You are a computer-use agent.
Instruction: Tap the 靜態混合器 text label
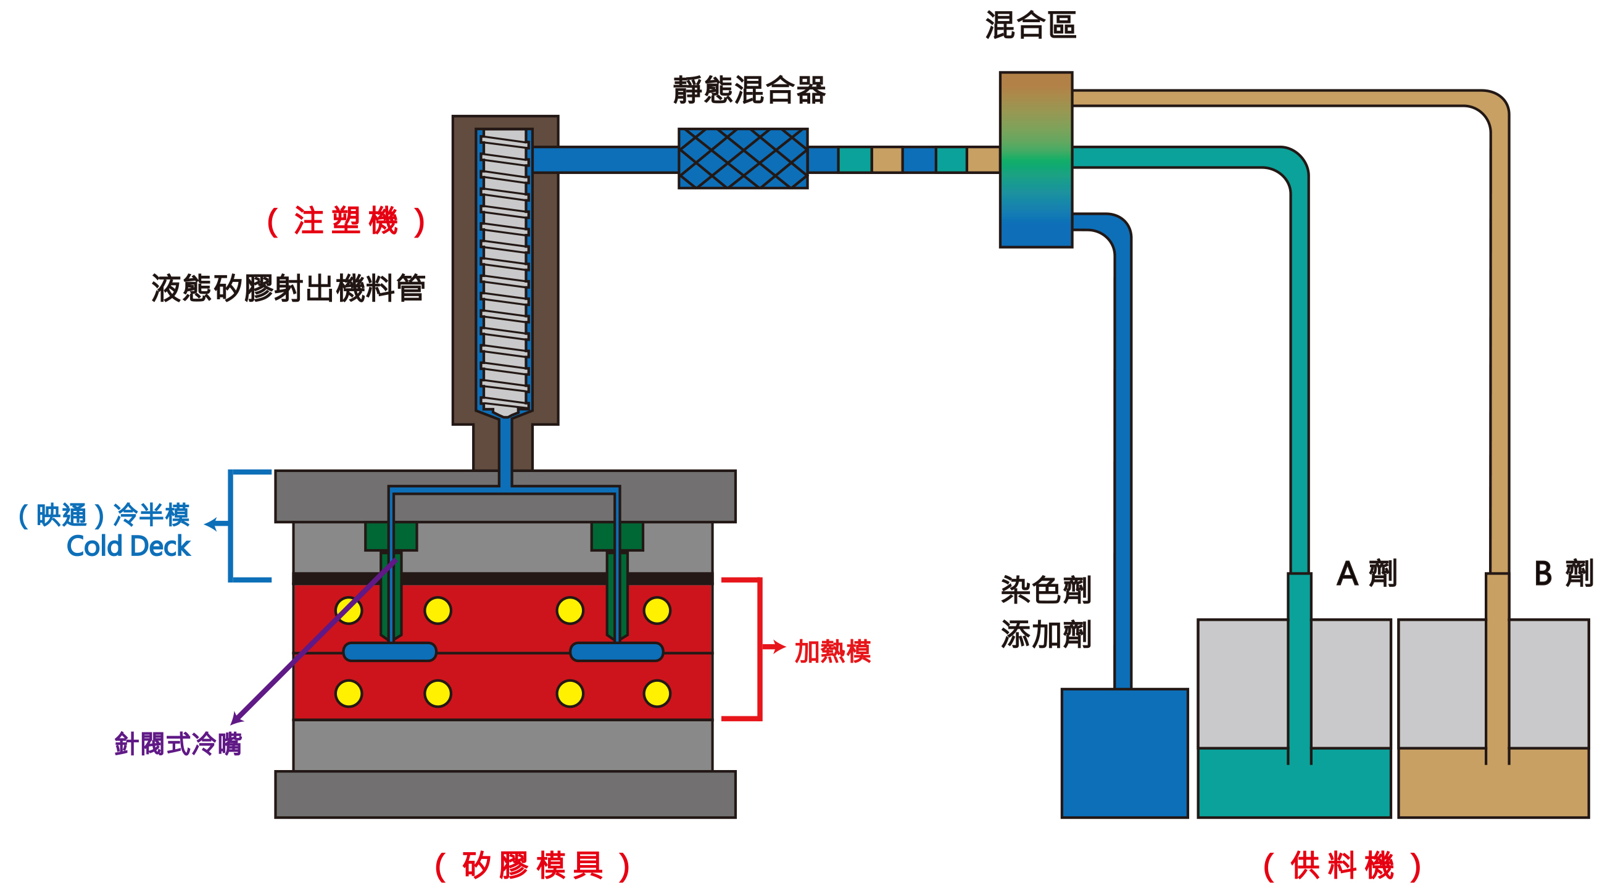tap(749, 90)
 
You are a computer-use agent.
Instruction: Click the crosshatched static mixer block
tap(742, 159)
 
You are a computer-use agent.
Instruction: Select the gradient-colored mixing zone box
tap(1035, 160)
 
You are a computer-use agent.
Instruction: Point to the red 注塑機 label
tap(346, 221)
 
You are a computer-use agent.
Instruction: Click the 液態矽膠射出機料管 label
tap(288, 289)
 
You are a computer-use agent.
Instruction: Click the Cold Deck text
tap(128, 547)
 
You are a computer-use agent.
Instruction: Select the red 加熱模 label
tap(832, 652)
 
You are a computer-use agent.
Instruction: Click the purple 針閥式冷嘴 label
tap(178, 744)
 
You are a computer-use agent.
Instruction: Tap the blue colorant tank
tap(1124, 753)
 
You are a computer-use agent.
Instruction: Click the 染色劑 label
tap(1045, 590)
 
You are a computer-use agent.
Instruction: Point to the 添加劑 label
tap(1045, 635)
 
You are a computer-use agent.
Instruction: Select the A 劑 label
tap(1366, 574)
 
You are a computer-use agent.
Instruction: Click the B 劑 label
tap(1563, 574)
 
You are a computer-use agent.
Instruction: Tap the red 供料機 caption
tap(1343, 866)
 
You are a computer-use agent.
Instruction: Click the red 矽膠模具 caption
tap(533, 866)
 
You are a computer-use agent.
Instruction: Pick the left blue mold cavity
tap(389, 652)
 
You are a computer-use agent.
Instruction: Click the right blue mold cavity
tap(616, 652)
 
